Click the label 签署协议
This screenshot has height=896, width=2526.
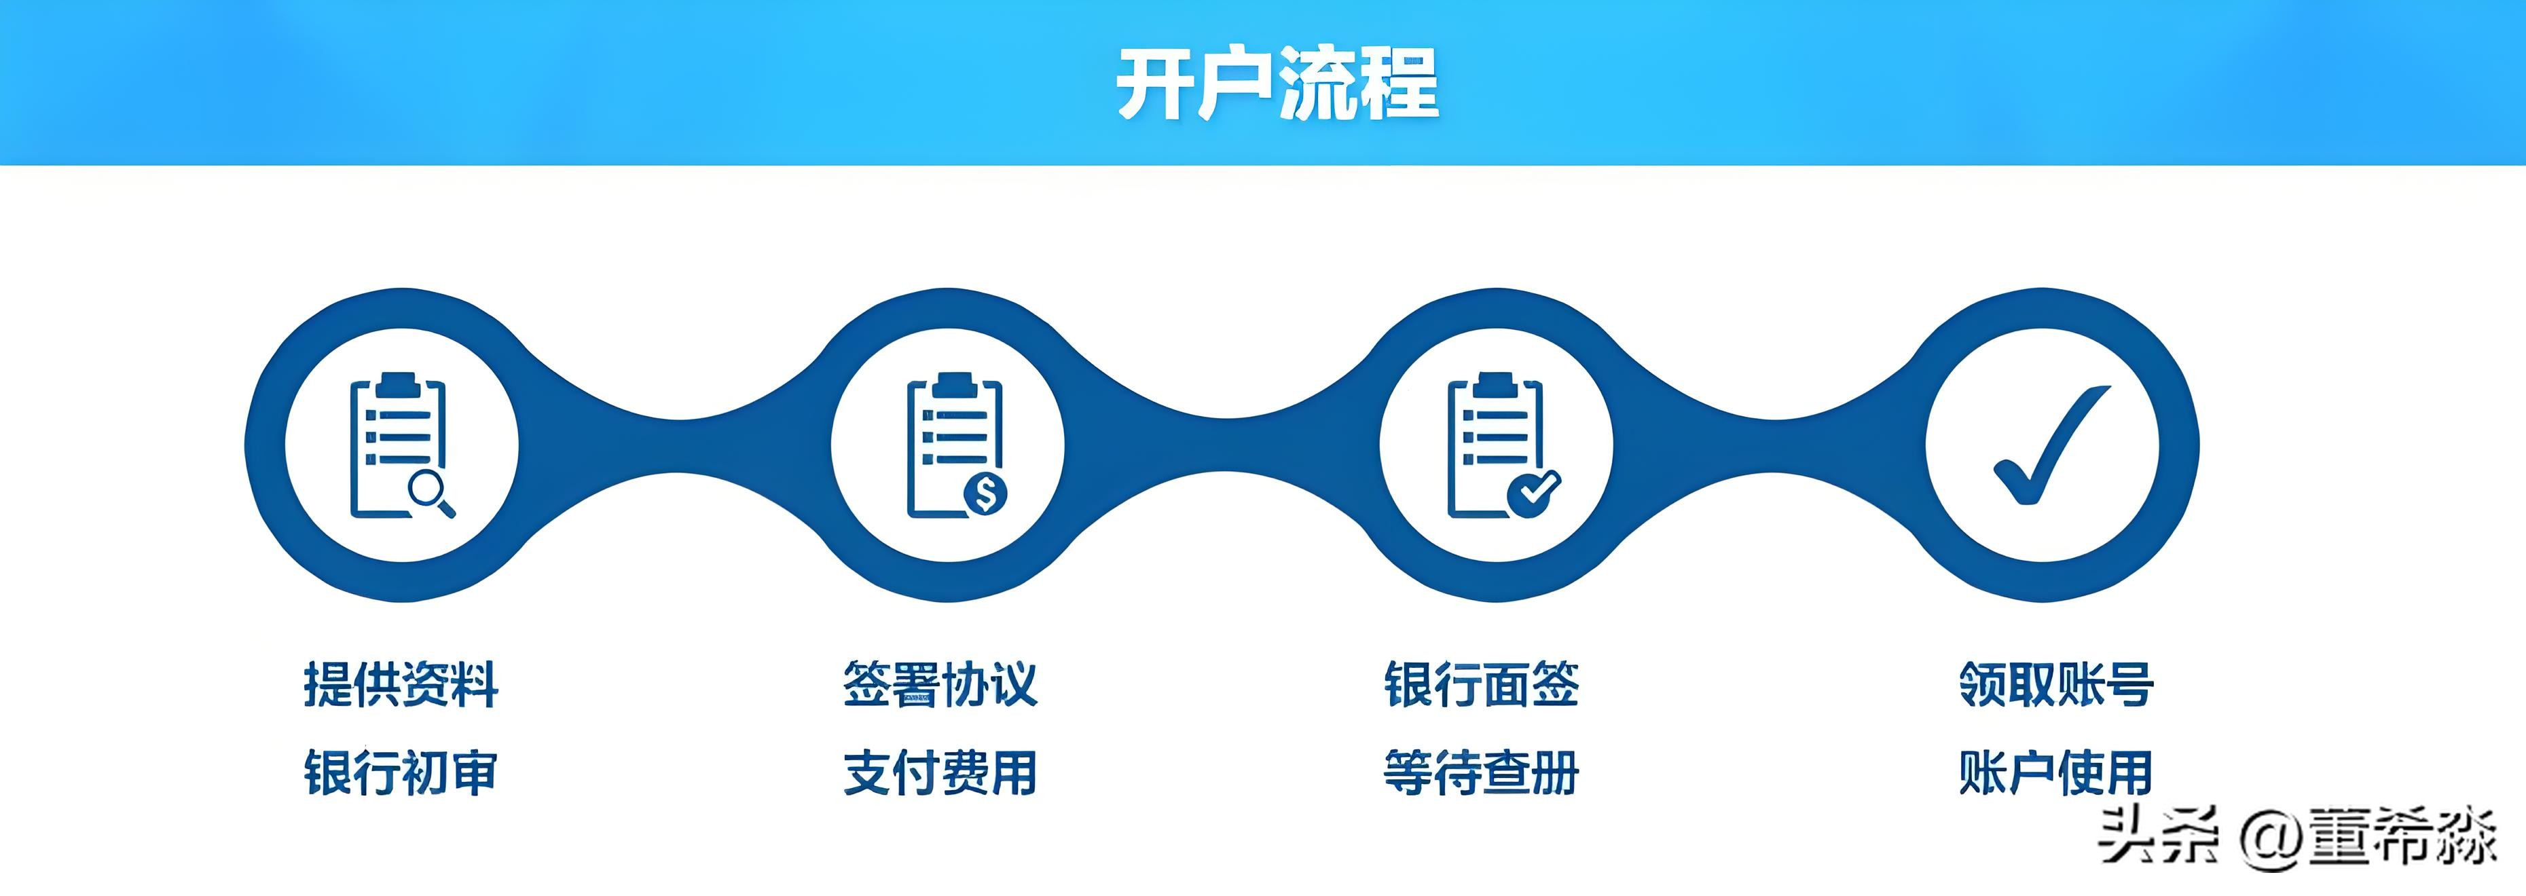click(x=939, y=684)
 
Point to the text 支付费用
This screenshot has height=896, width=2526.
click(x=939, y=772)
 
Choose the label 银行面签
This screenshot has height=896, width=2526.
click(x=1481, y=684)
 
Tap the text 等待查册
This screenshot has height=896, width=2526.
click(x=1481, y=772)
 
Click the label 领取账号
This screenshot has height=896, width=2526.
click(x=2055, y=684)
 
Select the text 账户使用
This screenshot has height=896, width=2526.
click(x=2055, y=772)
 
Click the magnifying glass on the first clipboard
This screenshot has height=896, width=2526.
click(x=428, y=490)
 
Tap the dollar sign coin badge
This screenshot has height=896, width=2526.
click(x=985, y=493)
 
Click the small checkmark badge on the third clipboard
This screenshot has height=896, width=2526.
click(x=1532, y=492)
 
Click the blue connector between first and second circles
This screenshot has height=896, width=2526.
click(x=676, y=446)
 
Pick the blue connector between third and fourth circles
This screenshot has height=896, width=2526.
click(x=1773, y=446)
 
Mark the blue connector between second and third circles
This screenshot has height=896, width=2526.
click(x=1224, y=446)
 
